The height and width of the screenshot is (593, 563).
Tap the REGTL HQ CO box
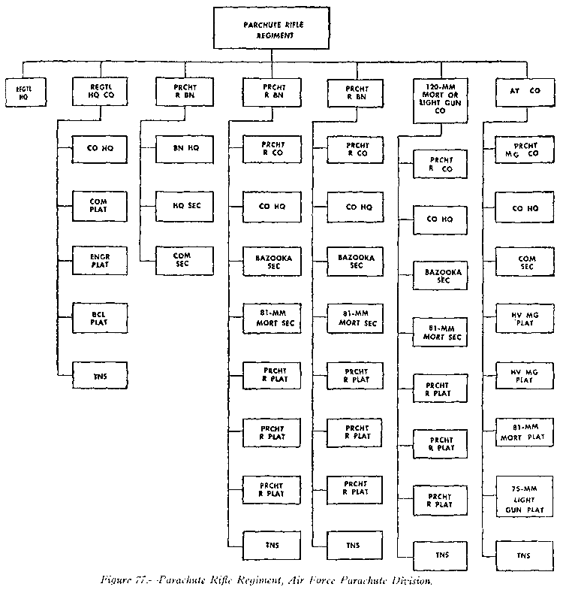(x=98, y=92)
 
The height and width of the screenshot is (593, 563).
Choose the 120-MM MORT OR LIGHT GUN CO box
(x=441, y=98)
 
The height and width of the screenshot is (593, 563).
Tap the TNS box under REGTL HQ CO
(x=98, y=374)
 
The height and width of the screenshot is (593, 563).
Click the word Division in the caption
(x=414, y=581)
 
